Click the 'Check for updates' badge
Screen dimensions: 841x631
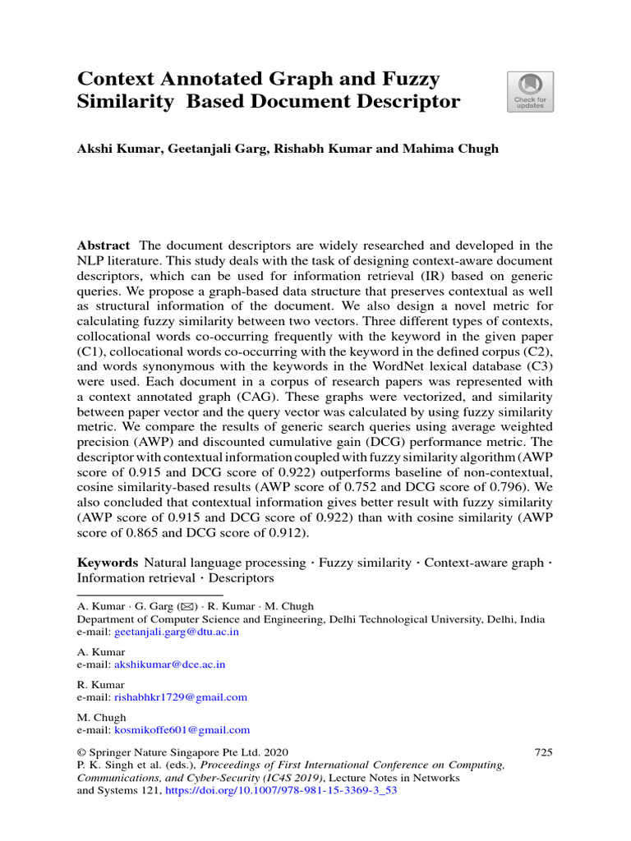coord(530,91)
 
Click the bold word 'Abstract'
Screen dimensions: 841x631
coord(104,246)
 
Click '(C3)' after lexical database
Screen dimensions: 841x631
coord(535,366)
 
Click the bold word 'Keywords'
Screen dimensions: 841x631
coord(107,563)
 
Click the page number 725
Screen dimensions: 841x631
coord(543,751)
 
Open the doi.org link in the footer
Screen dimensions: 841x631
coord(281,793)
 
